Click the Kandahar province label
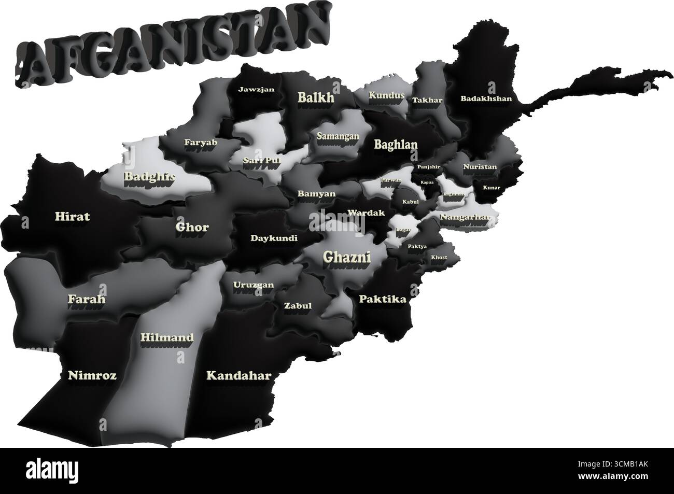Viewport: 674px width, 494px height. click(x=238, y=375)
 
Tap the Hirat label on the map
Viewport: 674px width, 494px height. click(x=72, y=216)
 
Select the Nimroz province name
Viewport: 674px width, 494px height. click(x=92, y=375)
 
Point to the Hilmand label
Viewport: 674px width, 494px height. click(x=167, y=337)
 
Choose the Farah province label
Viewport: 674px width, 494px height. click(x=87, y=299)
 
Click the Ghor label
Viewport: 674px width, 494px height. click(x=192, y=227)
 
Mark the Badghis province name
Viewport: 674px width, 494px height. click(x=149, y=176)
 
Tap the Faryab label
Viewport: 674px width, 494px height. click(x=201, y=142)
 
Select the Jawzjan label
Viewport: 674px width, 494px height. click(x=256, y=89)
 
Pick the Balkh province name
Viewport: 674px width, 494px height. click(x=316, y=97)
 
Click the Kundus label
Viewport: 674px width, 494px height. click(x=386, y=95)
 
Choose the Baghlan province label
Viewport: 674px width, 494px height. click(x=396, y=145)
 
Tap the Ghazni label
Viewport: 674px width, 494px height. click(x=340, y=256)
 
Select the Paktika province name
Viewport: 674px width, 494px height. click(x=383, y=299)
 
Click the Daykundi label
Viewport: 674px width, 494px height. click(x=274, y=238)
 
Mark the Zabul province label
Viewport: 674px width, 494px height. click(x=298, y=305)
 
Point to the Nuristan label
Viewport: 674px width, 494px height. click(x=480, y=167)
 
